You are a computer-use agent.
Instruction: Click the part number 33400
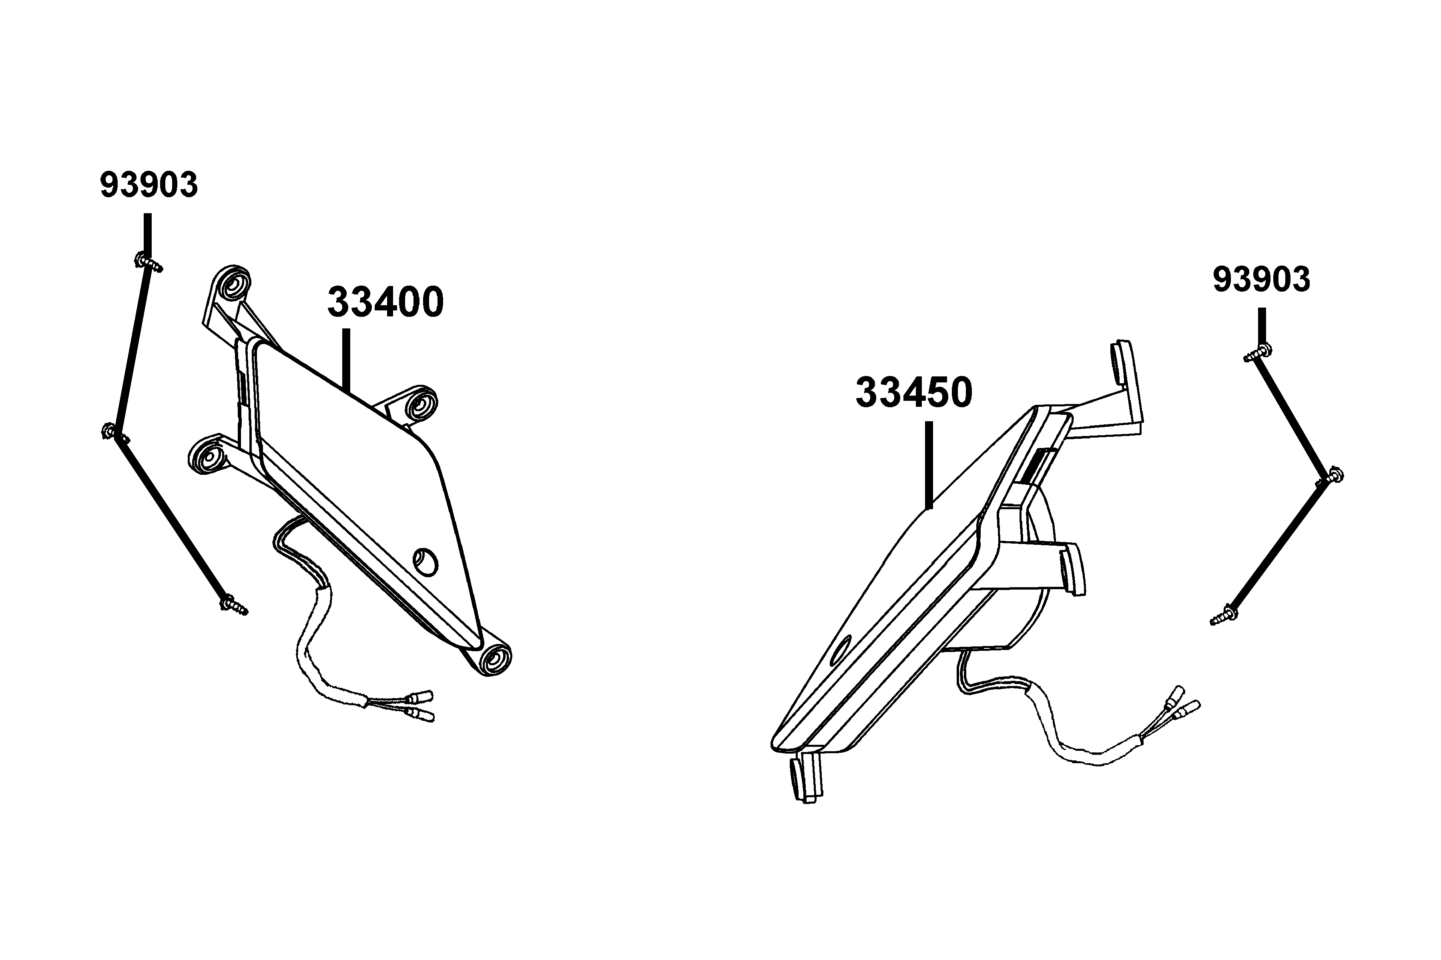[x=385, y=302]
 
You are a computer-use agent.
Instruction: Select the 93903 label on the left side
[x=149, y=185]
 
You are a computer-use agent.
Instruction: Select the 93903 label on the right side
[x=1262, y=280]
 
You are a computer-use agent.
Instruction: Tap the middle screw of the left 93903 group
[x=114, y=433]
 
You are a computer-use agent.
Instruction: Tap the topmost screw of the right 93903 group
[x=1257, y=353]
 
